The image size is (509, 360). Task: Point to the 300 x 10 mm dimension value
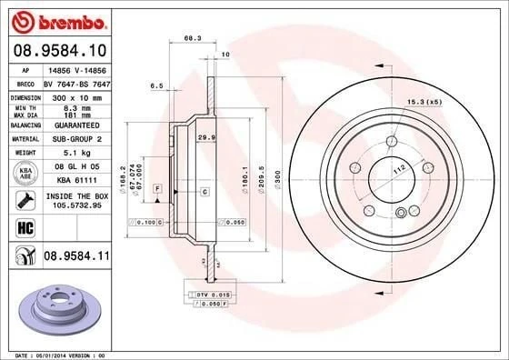tap(71, 95)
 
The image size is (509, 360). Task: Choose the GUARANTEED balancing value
tap(71, 125)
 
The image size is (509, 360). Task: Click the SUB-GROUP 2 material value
tap(71, 138)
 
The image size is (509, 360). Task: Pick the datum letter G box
tap(204, 192)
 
